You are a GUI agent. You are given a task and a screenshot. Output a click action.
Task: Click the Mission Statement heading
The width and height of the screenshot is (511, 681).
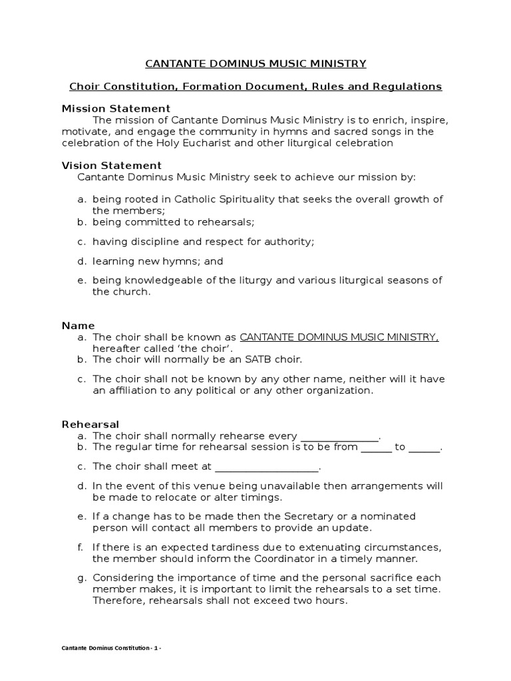pyautogui.click(x=116, y=108)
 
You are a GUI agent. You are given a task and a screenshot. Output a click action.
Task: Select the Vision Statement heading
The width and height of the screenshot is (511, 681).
pyautogui.click(x=111, y=166)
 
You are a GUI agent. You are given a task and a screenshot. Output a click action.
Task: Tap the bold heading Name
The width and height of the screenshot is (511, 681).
pyautogui.click(x=78, y=326)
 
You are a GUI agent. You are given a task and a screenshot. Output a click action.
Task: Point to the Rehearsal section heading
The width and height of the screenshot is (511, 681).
pyautogui.click(x=90, y=424)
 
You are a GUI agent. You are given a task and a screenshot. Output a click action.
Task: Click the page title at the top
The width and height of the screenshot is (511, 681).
pyautogui.click(x=255, y=64)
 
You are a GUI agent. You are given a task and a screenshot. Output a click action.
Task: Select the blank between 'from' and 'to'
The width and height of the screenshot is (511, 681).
pyautogui.click(x=377, y=448)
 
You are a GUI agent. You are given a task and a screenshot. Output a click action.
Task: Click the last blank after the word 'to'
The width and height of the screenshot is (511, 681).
pyautogui.click(x=424, y=448)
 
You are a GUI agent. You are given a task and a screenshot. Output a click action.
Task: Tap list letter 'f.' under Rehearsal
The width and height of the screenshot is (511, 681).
pyautogui.click(x=81, y=547)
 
